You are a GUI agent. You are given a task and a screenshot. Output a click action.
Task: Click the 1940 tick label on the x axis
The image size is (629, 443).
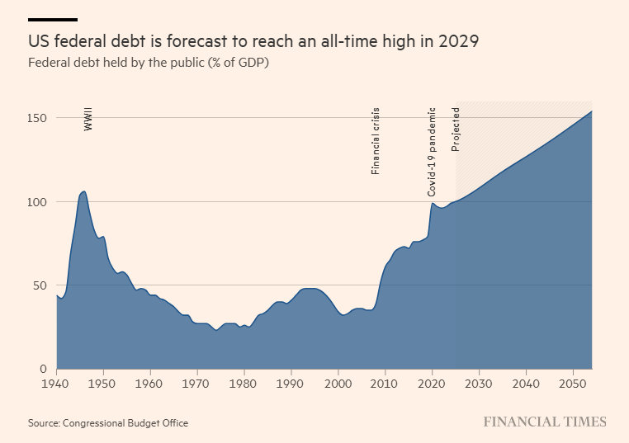click(x=56, y=384)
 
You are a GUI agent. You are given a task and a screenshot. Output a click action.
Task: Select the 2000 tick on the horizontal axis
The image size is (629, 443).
click(x=338, y=384)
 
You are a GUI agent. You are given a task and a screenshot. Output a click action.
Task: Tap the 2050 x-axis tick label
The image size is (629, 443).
click(x=571, y=384)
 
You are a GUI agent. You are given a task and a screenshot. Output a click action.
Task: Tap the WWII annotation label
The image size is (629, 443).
click(x=88, y=118)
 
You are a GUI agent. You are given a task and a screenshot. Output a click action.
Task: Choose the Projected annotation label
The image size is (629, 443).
click(x=456, y=130)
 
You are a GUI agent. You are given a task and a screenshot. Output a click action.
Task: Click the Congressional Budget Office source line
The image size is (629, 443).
click(x=108, y=423)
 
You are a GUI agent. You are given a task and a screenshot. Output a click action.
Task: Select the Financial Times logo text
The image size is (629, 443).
click(x=545, y=422)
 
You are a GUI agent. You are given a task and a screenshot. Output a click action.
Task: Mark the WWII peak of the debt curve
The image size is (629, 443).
click(x=83, y=191)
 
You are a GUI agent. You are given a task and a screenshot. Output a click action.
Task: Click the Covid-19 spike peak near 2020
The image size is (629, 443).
click(x=432, y=202)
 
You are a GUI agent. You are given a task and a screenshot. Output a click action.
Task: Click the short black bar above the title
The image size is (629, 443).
click(x=53, y=19)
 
